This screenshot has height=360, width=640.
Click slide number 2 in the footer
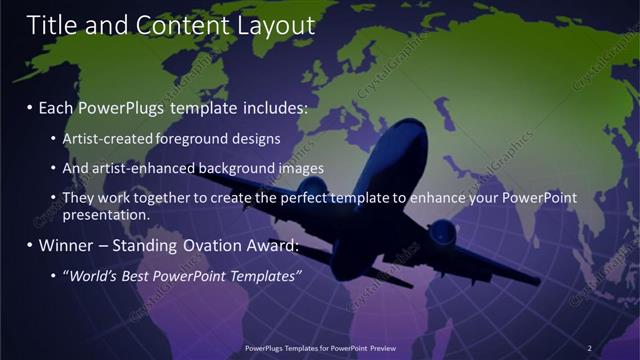click(589, 348)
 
